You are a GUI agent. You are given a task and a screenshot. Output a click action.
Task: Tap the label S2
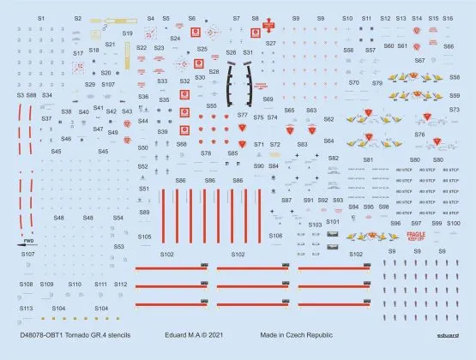click(x=77, y=18)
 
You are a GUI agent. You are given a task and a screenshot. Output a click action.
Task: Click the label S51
click(x=144, y=189)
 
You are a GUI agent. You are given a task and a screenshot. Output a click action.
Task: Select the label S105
click(x=144, y=237)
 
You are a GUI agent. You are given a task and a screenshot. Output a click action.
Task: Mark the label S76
click(x=419, y=135)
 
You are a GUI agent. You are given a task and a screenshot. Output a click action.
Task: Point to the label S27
click(x=271, y=43)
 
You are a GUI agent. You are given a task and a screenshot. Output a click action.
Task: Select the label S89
click(x=144, y=212)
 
